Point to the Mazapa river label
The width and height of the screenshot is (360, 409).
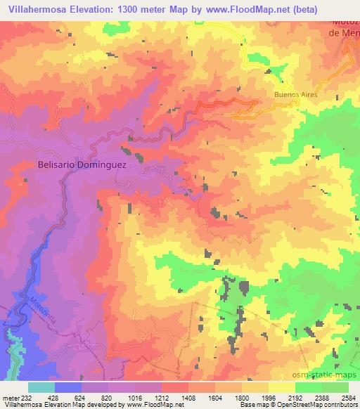pos(41,310)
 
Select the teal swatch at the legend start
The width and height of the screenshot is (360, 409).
pos(41,387)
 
